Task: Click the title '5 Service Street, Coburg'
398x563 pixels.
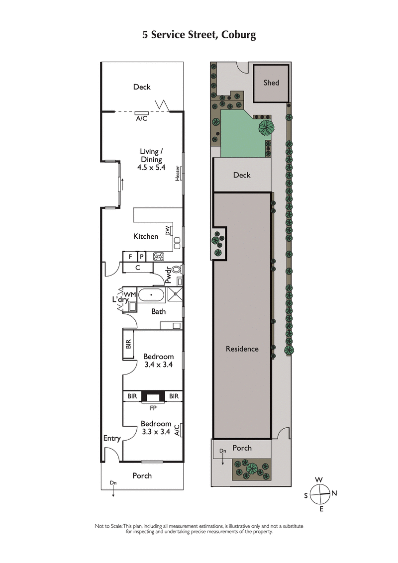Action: pos(199,35)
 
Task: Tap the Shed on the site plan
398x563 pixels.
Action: pos(271,83)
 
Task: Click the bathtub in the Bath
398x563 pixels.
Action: pos(151,295)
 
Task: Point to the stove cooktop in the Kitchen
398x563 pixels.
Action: pos(159,257)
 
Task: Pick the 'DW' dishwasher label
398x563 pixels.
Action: pos(168,230)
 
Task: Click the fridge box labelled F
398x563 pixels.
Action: pos(130,257)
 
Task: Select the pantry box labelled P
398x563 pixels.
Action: pos(141,257)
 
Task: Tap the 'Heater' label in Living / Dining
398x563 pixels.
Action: pos(177,174)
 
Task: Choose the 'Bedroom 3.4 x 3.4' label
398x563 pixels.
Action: pos(158,361)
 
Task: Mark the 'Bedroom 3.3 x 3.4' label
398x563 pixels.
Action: pos(156,428)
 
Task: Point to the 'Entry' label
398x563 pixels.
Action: pos(112,438)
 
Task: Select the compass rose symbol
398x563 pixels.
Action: pos(319,494)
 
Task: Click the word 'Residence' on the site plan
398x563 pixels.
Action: pos(242,349)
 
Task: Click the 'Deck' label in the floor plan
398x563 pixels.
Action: pos(142,87)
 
